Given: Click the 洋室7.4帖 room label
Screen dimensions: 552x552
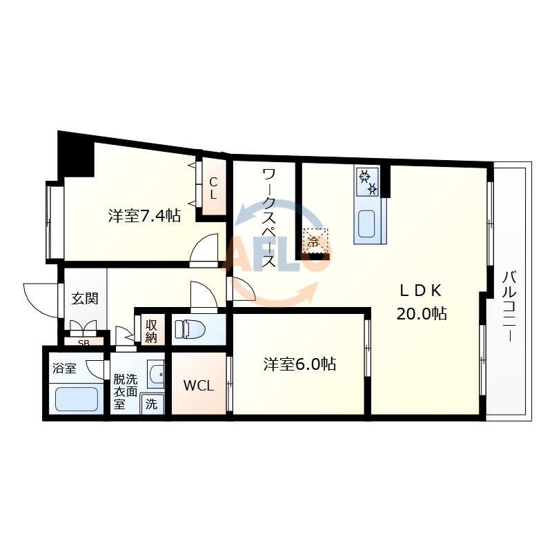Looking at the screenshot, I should pos(144,216).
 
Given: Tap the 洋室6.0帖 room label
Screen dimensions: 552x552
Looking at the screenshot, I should pos(299,364).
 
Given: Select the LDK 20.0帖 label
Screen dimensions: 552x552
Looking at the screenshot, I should pos(421,302).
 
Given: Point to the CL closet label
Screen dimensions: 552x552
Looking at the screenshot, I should pos(213,188).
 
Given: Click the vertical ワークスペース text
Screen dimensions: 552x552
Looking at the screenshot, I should pos(268,219).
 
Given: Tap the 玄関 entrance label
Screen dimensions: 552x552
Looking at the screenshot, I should pos(85,299).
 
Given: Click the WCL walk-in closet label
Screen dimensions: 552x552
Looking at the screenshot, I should pos(198,386).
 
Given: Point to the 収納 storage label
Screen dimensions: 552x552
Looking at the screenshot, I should pos(152,331).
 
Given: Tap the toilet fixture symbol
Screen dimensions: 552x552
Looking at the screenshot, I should pos(189,330).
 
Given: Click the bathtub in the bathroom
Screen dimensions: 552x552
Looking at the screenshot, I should pos(76,399).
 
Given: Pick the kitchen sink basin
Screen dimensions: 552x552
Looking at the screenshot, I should pos(366,224).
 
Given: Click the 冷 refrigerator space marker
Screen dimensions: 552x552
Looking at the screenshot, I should pos(314,241).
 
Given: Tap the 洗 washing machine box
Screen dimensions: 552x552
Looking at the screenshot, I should pos(151,404).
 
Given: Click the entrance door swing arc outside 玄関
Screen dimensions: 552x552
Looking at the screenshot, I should pos(38,297).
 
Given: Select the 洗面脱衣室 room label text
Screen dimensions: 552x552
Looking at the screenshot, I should pos(126,391).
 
